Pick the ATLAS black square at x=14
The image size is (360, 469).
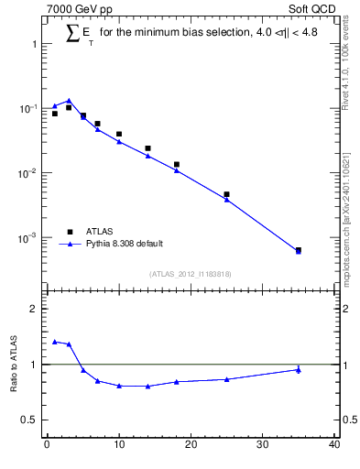[147, 147]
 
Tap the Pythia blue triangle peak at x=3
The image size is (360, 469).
[69, 101]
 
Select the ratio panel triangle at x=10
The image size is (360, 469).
[119, 386]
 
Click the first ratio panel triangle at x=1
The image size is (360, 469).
[54, 341]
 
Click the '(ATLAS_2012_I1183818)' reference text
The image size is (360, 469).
[190, 274]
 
